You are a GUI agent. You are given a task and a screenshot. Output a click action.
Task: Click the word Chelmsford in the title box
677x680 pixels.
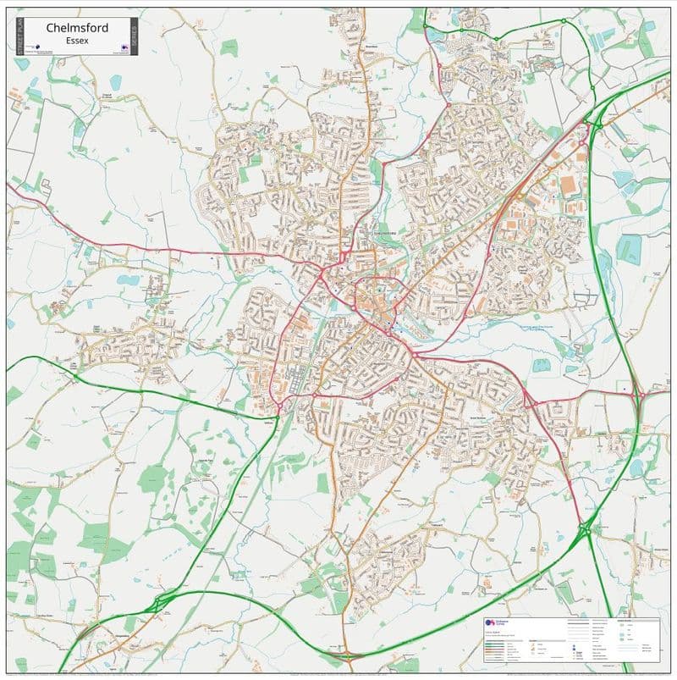(x=77, y=28)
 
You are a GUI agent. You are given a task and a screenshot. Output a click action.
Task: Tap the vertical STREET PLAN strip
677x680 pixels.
(x=19, y=36)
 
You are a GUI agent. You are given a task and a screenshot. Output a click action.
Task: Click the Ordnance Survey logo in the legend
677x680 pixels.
(x=489, y=624)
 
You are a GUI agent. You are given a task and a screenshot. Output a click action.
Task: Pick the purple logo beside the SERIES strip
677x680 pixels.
(x=124, y=47)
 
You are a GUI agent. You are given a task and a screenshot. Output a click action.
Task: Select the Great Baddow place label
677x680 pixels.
(x=457, y=417)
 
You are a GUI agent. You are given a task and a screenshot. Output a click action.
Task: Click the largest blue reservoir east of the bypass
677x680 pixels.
(x=628, y=248)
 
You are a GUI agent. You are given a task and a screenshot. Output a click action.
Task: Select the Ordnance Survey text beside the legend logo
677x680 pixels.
(x=504, y=624)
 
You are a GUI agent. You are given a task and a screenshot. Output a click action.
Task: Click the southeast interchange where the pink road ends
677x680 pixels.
(x=585, y=530)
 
